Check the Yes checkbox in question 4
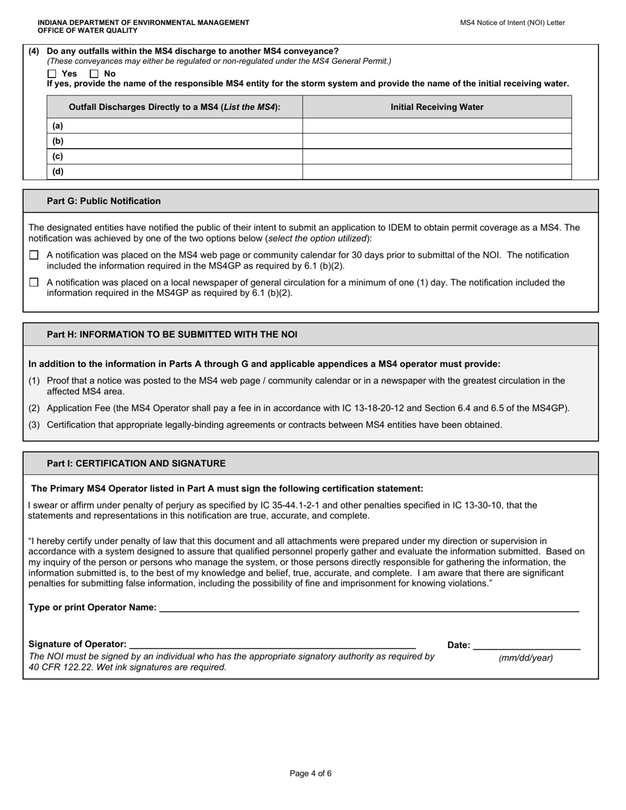click(x=53, y=74)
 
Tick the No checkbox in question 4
click(x=94, y=74)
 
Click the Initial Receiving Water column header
click(x=437, y=107)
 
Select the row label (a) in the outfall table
click(x=58, y=126)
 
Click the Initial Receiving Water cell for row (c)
click(x=437, y=157)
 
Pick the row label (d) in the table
click(x=58, y=172)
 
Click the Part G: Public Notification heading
click(x=103, y=201)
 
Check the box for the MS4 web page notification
click(x=34, y=255)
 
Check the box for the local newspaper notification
click(x=34, y=283)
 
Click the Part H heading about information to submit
click(x=172, y=335)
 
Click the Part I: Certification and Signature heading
click(x=136, y=464)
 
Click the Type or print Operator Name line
click(x=369, y=607)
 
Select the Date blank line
click(x=526, y=645)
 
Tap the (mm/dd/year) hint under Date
click(x=526, y=658)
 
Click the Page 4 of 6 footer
click(x=310, y=773)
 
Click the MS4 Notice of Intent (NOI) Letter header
click(x=512, y=22)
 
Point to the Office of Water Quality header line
click(x=88, y=30)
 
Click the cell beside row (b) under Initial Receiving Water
click(x=437, y=141)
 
